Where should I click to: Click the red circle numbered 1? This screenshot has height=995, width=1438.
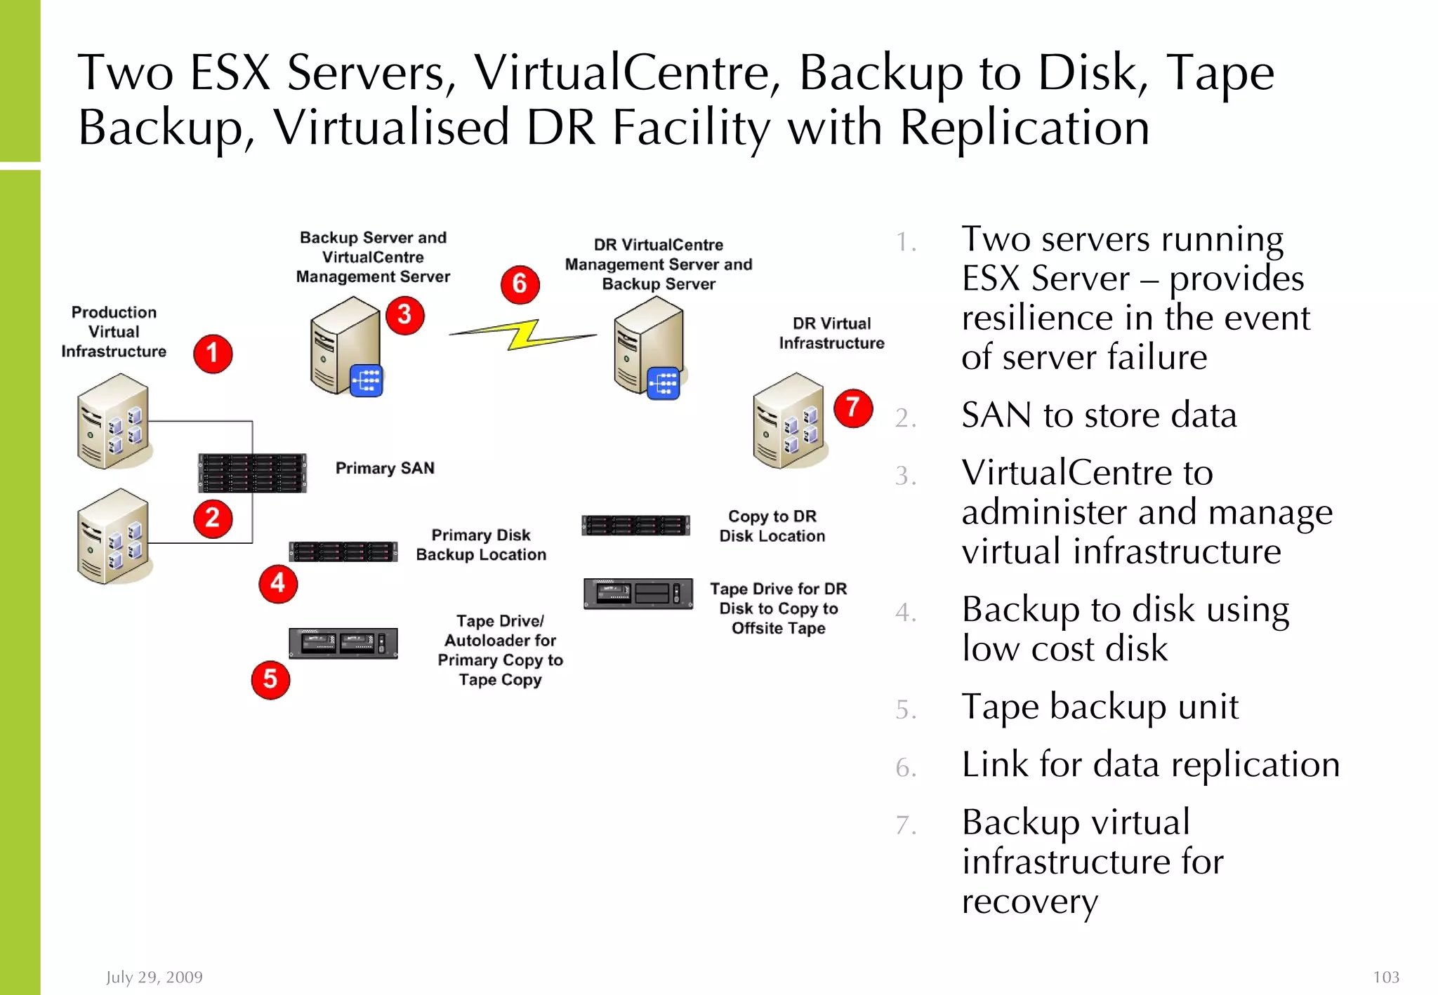point(213,354)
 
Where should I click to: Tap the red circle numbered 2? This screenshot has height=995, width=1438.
point(213,519)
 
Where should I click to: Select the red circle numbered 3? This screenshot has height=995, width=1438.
point(405,315)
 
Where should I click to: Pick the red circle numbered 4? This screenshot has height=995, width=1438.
point(278,584)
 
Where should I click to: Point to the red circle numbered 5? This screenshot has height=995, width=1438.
point(270,680)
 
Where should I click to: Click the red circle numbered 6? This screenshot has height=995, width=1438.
point(520,284)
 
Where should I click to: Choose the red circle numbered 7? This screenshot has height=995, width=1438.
point(853,408)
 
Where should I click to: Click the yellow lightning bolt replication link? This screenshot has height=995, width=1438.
point(523,335)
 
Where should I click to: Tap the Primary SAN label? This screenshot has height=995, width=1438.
point(385,468)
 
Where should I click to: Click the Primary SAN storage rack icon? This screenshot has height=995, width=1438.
point(252,473)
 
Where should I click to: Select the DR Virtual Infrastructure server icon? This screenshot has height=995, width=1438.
point(789,420)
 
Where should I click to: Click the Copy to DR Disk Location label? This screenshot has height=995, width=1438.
point(772,526)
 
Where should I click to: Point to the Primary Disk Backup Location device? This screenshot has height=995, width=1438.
point(343,552)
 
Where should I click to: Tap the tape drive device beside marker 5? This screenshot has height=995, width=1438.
point(343,643)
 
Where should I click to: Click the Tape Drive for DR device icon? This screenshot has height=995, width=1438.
point(638,594)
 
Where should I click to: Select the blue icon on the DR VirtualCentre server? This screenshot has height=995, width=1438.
point(664,383)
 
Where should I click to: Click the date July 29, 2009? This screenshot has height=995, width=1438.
point(154,977)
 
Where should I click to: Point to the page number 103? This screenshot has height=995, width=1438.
point(1385,977)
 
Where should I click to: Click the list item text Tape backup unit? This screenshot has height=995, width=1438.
point(1100,707)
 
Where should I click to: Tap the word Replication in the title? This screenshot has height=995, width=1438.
point(1024,128)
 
